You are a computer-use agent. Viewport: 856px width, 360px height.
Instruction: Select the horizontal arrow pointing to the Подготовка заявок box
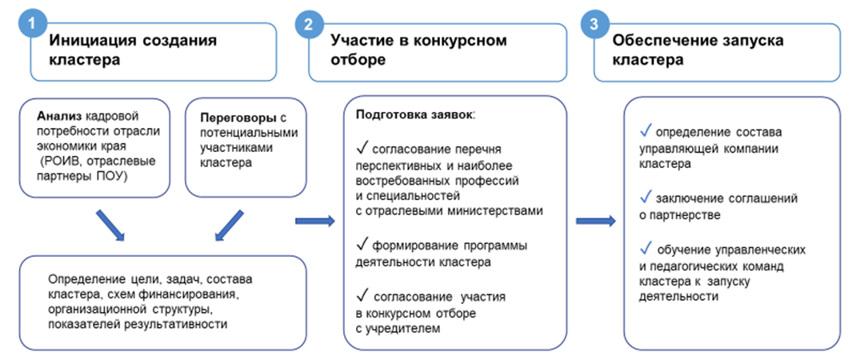click(x=315, y=221)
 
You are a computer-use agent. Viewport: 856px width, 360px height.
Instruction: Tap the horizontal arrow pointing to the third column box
click(x=596, y=221)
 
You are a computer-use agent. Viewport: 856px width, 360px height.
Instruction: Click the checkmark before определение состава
click(x=646, y=131)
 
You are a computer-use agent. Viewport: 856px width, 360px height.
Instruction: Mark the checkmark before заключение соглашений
click(x=646, y=198)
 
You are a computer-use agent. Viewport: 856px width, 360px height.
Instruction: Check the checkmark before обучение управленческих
click(x=646, y=249)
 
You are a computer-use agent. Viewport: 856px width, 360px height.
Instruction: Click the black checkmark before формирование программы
click(x=362, y=244)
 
